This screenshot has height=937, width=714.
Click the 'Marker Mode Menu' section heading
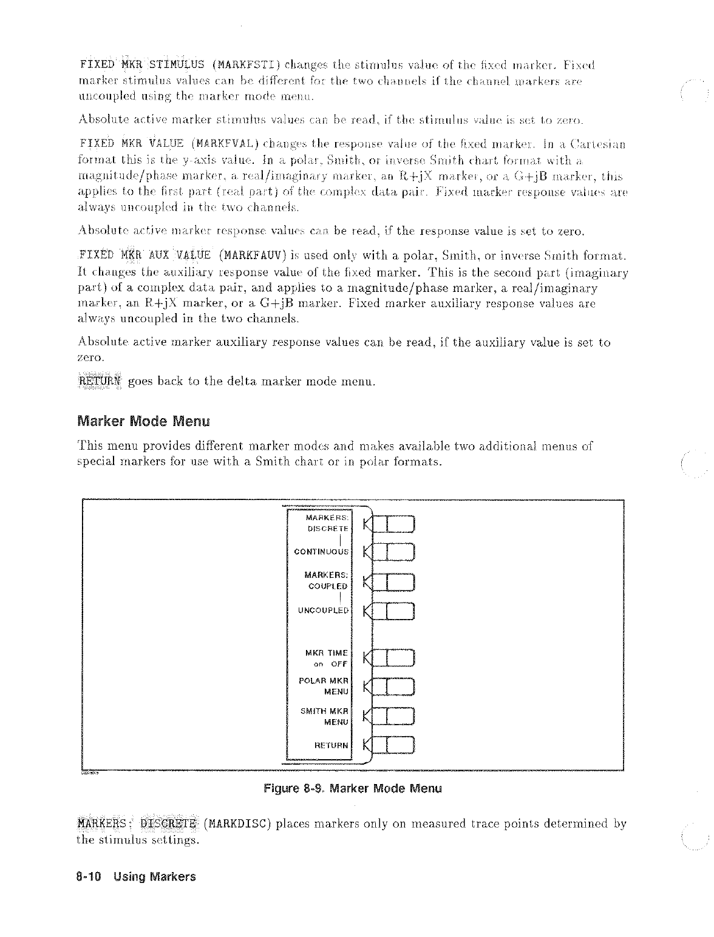tap(143, 421)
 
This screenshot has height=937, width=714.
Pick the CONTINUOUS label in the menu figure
tap(321, 552)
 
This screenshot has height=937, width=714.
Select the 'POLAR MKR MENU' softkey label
tap(324, 686)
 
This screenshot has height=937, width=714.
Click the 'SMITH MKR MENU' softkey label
tap(325, 716)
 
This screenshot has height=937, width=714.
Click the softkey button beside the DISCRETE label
tap(393, 524)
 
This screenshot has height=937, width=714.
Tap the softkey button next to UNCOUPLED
tap(393, 611)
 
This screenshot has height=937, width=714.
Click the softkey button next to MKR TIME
tap(393, 658)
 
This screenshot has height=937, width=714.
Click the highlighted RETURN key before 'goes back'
tap(101, 381)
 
